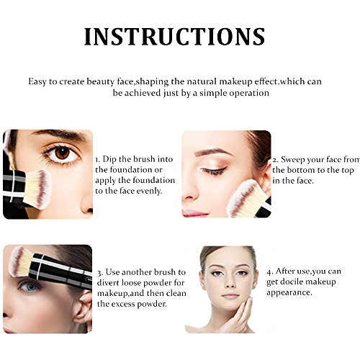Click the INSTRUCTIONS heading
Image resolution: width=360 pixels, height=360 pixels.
(x=174, y=37)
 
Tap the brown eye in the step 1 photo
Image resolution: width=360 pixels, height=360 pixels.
(x=62, y=153)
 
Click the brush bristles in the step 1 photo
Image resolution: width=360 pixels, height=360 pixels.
(x=37, y=188)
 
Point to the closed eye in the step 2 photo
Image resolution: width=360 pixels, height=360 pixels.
(x=213, y=171)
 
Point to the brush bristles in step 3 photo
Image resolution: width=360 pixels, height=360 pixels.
(x=19, y=261)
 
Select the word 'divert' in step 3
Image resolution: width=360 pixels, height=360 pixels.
(x=108, y=283)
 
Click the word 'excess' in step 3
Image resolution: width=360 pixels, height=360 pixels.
(x=124, y=305)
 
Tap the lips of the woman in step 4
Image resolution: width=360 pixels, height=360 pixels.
(x=230, y=296)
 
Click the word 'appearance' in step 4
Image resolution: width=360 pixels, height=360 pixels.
(x=289, y=293)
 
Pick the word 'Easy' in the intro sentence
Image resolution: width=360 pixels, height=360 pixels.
(x=37, y=82)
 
